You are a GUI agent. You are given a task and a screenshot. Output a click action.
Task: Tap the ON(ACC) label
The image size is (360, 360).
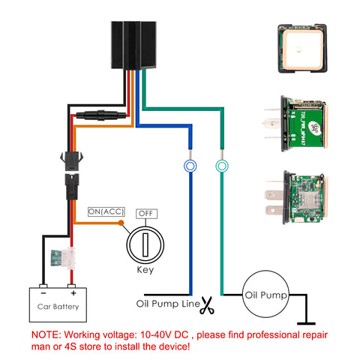tap(106, 212)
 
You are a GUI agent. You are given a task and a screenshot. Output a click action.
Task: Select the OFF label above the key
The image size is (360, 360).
tap(146, 214)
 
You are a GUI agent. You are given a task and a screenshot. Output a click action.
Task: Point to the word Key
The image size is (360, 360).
tap(145, 269)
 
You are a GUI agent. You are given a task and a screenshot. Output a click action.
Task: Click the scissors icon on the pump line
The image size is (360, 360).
tap(207, 305)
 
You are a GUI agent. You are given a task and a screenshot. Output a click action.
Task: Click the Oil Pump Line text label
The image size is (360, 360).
tap(166, 304)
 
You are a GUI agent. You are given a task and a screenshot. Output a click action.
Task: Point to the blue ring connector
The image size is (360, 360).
tap(190, 166)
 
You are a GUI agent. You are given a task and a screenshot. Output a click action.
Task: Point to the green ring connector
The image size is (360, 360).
tap(221, 166)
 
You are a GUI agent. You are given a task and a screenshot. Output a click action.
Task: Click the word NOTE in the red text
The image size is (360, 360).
tap(46, 332)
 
